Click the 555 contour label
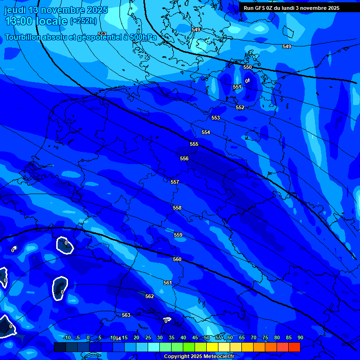(x=194, y=144)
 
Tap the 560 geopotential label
(x=177, y=259)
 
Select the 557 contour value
(x=175, y=182)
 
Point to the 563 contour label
(x=126, y=315)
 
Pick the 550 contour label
(x=247, y=67)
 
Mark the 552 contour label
(x=240, y=107)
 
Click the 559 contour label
(x=178, y=235)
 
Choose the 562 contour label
(x=150, y=296)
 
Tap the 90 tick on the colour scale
(x=300, y=337)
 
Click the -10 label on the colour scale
(x=66, y=337)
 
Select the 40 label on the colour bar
(x=183, y=337)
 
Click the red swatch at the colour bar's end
(x=294, y=347)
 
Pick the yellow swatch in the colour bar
(x=212, y=347)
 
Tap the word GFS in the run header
(x=259, y=8)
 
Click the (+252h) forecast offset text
(x=83, y=21)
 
